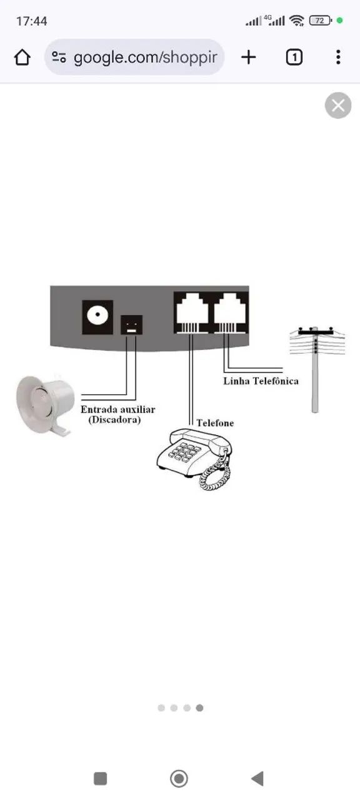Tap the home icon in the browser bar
point(22,57)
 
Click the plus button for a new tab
point(249,57)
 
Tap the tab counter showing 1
point(294,57)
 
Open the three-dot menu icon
point(338,57)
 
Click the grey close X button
point(338,106)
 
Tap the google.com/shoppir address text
point(146,57)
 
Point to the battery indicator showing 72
point(321,21)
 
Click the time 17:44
point(31,21)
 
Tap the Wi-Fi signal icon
point(297,21)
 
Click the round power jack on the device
point(97,317)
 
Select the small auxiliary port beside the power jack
point(131,324)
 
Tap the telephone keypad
point(184,451)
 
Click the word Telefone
point(215,423)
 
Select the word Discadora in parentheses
point(114,419)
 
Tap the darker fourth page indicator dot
point(199,708)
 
